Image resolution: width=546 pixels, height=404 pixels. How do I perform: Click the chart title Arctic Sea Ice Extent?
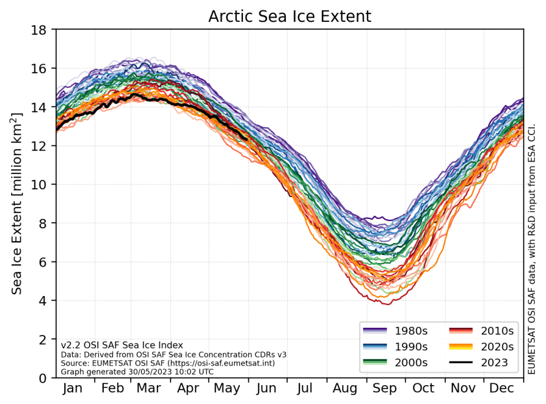point(290,17)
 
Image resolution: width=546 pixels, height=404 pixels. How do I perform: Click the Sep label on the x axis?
point(384,389)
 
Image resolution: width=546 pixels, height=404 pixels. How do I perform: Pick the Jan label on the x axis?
point(73,389)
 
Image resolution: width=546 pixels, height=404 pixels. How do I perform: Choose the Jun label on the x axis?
point(267,389)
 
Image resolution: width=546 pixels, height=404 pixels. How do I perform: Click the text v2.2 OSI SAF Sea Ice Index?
point(122,345)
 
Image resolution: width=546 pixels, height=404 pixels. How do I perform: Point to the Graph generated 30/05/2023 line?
point(137,372)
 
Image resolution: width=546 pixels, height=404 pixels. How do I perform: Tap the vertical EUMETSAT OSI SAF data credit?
point(532,248)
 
